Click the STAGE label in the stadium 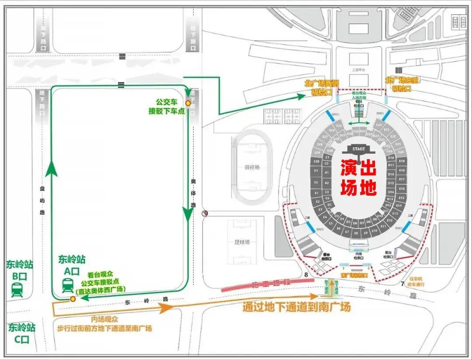(x=358, y=149)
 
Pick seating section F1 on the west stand (x=316, y=170)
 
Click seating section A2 (x=326, y=183)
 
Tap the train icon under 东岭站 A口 (x=68, y=286)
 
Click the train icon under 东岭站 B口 (x=17, y=290)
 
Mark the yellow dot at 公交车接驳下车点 (x=188, y=103)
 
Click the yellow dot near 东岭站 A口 (x=73, y=299)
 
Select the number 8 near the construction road (x=306, y=275)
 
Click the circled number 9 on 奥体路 (x=205, y=213)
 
